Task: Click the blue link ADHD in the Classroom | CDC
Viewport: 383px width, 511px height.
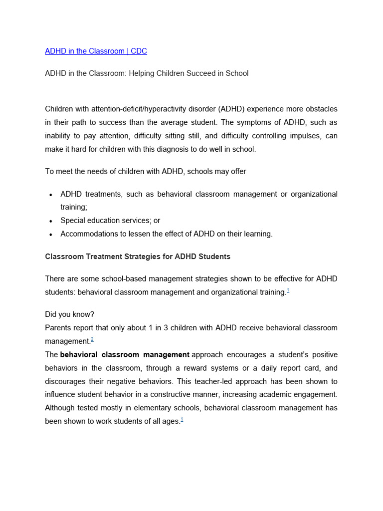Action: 96,51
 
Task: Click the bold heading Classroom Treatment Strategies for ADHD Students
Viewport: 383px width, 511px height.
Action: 138,256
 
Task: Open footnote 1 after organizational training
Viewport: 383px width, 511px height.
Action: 288,291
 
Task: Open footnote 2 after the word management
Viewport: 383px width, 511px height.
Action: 92,339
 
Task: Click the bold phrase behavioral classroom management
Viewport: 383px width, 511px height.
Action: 125,355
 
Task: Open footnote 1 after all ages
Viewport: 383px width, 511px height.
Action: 182,420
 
